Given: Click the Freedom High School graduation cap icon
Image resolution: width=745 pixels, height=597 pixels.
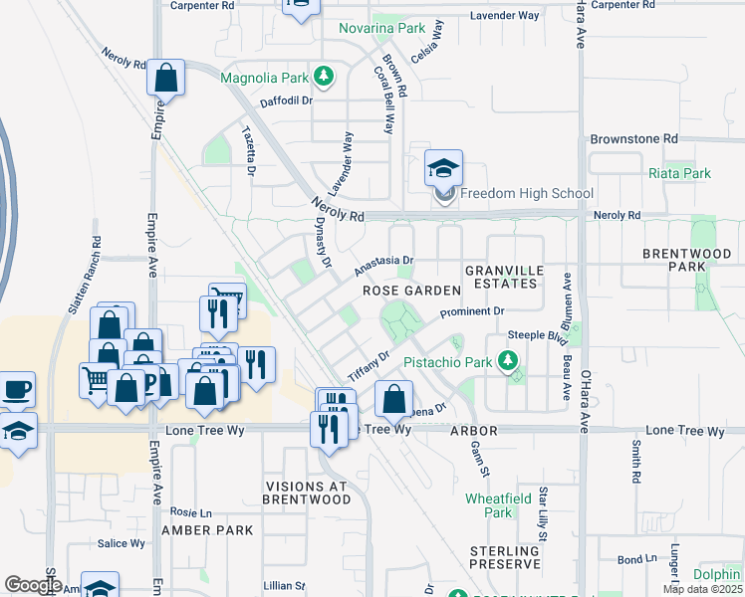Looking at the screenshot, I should tap(444, 167).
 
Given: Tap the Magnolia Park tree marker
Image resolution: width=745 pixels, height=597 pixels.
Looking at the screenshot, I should tap(323, 76).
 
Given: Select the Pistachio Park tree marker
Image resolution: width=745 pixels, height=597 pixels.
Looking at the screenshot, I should tap(509, 361).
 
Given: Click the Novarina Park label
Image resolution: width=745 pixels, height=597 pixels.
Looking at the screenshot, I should tap(381, 28).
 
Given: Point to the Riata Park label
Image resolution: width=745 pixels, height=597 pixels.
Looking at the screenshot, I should tap(679, 173).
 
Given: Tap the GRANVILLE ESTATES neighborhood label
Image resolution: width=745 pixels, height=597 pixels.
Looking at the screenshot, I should tap(503, 277).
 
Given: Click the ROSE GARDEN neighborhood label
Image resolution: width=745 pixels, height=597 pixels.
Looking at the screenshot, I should tap(411, 291).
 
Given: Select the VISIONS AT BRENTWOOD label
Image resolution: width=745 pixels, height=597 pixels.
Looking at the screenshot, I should tap(306, 493).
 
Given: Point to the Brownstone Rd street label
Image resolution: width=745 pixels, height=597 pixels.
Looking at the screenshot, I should tap(633, 139).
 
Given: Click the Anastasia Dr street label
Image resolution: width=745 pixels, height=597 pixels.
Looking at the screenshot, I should tap(383, 266).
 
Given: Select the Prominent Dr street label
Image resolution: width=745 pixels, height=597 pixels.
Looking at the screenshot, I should tap(473, 313).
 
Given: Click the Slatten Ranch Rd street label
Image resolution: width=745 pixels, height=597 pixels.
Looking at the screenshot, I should tap(84, 276).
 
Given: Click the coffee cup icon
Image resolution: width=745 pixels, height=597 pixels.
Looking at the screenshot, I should tap(17, 388).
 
